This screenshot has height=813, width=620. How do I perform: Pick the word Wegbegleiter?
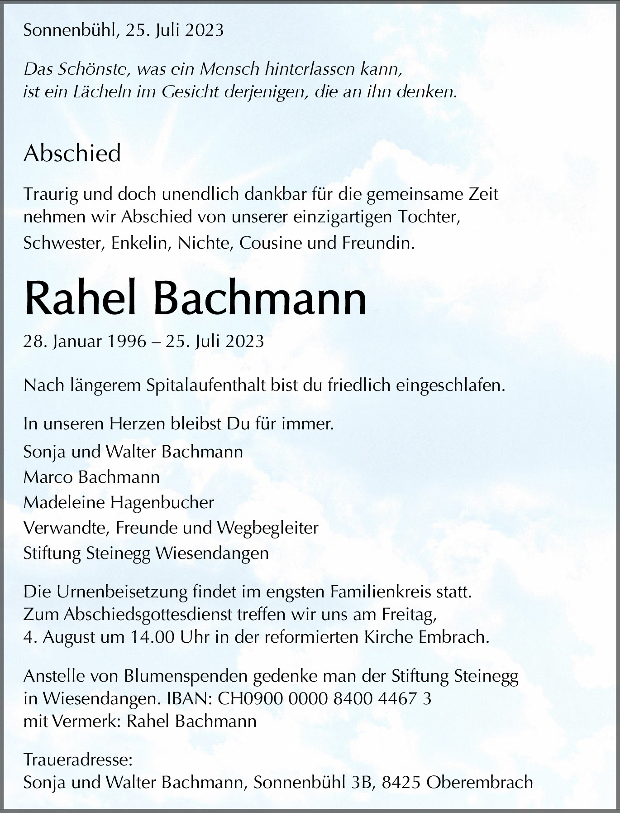(x=268, y=528)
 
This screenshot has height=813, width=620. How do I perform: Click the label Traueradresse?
(x=78, y=760)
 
